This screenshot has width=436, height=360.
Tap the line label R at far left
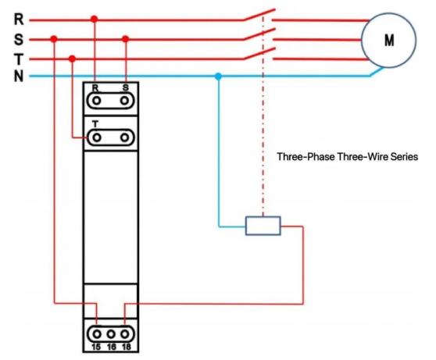(19, 20)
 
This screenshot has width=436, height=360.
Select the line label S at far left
(19, 40)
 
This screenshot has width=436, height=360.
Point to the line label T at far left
(19, 59)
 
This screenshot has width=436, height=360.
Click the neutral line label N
(19, 76)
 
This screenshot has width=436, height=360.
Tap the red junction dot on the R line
(95, 19)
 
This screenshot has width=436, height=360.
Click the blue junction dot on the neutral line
(218, 77)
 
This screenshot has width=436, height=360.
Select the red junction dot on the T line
(73, 59)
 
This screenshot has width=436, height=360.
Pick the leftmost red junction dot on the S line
(54, 38)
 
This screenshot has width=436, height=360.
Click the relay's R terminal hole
(96, 101)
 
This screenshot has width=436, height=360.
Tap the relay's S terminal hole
(124, 101)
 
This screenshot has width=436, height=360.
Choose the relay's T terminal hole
(96, 137)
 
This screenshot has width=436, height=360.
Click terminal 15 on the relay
(97, 334)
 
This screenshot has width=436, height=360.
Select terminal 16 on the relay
(111, 334)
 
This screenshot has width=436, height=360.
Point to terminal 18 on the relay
(125, 334)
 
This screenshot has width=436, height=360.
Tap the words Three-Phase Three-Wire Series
(348, 157)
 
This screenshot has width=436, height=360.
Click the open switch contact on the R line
(259, 15)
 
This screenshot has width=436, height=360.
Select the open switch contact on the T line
(259, 54)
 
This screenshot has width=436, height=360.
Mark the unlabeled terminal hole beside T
(124, 137)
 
